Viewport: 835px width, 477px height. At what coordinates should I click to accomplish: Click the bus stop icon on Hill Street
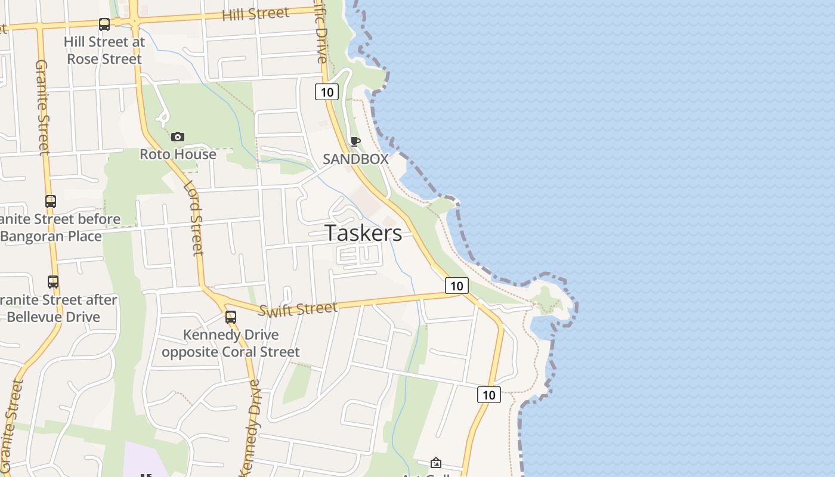[104, 24]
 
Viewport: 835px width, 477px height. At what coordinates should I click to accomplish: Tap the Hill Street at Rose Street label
[104, 51]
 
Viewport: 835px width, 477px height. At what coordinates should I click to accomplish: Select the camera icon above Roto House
[177, 137]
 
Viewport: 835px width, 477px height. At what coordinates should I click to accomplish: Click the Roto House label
[178, 154]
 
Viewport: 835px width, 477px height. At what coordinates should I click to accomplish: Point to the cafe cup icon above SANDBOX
[355, 141]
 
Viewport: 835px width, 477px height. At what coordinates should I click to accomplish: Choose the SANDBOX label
[355, 159]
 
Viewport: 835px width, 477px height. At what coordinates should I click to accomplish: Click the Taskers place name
[363, 233]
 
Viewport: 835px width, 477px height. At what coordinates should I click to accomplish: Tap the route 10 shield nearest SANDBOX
[327, 92]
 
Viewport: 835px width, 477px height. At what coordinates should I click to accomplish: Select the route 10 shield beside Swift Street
[456, 286]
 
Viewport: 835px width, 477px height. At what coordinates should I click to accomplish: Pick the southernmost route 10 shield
[488, 394]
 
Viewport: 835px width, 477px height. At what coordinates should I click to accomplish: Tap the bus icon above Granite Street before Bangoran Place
[51, 202]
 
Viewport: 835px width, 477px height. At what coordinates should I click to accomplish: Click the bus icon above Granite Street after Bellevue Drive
[53, 281]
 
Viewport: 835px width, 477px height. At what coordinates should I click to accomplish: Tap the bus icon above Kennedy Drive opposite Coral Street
[231, 317]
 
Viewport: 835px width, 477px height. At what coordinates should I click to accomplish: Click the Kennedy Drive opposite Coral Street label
[231, 343]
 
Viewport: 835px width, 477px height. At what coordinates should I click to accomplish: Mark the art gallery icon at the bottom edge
[436, 463]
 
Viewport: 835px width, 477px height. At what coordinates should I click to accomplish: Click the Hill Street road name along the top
[255, 14]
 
